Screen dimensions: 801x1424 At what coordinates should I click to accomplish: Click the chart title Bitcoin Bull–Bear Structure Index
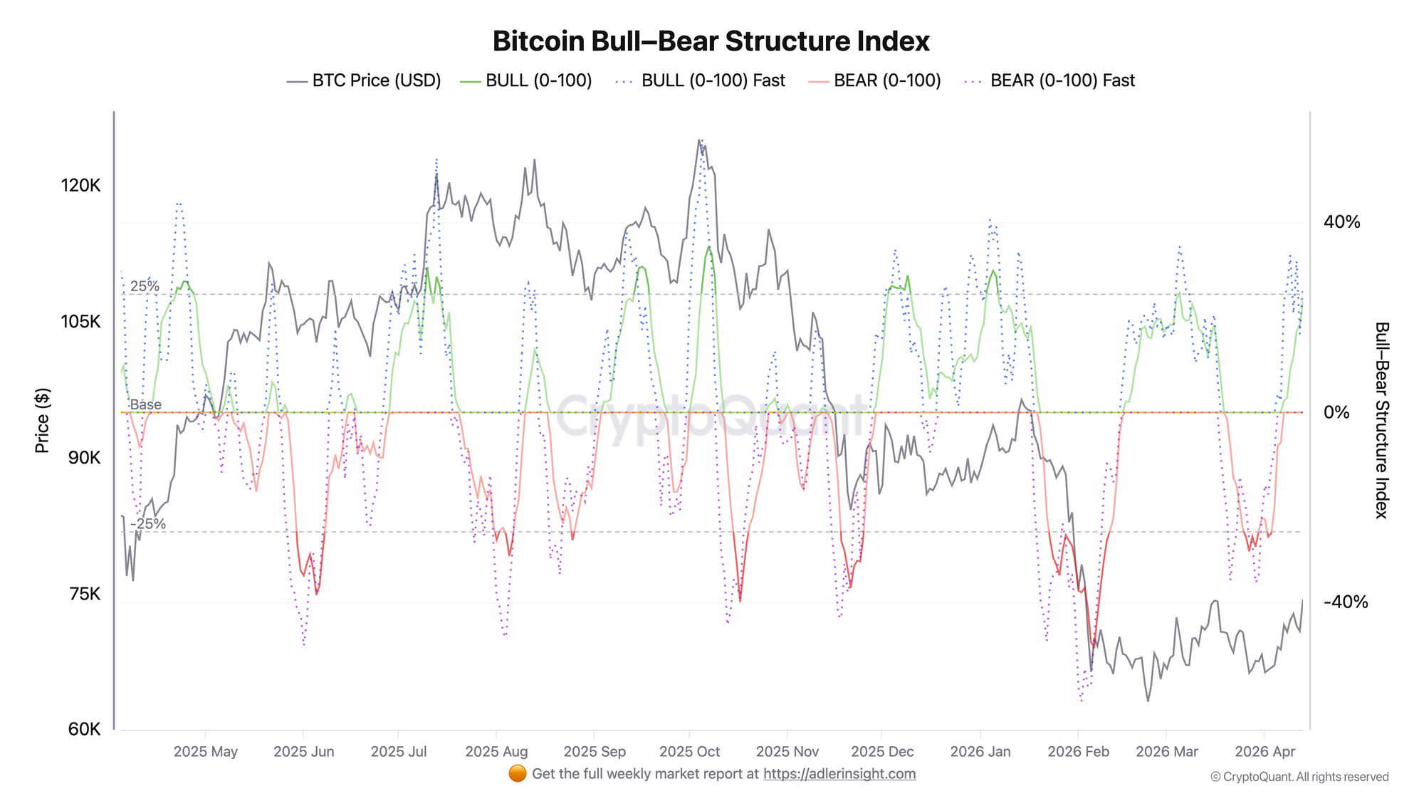tap(711, 41)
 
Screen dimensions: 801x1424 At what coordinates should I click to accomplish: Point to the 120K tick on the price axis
tap(80, 186)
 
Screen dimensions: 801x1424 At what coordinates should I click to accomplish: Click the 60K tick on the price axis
tap(85, 729)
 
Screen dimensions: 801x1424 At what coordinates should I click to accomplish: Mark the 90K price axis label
tap(85, 458)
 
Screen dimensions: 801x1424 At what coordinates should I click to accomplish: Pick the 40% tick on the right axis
tap(1341, 222)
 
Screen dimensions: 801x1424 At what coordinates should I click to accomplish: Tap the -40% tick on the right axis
tap(1345, 602)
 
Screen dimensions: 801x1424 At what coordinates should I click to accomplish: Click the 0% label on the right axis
tap(1336, 412)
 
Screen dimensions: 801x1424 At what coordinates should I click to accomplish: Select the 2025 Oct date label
tap(689, 752)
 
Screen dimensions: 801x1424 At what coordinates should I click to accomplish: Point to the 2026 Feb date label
tap(1078, 752)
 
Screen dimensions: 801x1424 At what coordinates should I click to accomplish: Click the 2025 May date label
tap(206, 752)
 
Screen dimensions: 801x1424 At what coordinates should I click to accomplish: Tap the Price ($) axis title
tap(43, 421)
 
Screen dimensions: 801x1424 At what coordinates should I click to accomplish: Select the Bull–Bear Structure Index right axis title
tap(1381, 420)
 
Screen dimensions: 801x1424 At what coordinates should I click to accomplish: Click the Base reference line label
tap(145, 404)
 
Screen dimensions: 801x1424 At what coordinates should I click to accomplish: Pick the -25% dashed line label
tap(147, 524)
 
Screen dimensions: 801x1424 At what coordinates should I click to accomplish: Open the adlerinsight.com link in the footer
tap(839, 774)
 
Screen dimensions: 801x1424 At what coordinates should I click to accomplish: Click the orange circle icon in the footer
tap(518, 774)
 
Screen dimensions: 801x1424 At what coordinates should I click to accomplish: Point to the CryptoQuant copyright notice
tap(1299, 777)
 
